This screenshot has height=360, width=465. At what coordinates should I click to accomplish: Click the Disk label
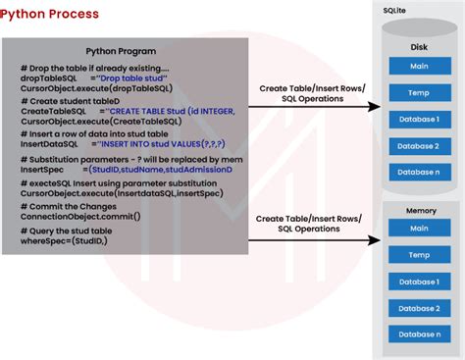pos(419,46)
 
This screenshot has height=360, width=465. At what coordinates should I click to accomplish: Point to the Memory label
pos(420,210)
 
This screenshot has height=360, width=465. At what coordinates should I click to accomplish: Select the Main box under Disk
pos(419,66)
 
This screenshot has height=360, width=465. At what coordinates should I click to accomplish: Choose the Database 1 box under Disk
pos(419,120)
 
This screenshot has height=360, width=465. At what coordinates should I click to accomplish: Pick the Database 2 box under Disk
pos(419,146)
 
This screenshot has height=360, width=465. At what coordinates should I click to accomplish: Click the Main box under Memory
pos(419,229)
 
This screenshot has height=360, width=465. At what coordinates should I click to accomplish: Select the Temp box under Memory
pos(419,255)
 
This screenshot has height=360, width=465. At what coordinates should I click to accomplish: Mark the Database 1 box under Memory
pos(419,282)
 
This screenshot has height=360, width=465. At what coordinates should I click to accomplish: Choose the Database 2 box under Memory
pos(419,308)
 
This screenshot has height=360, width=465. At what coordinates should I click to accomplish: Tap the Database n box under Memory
pos(419,334)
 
